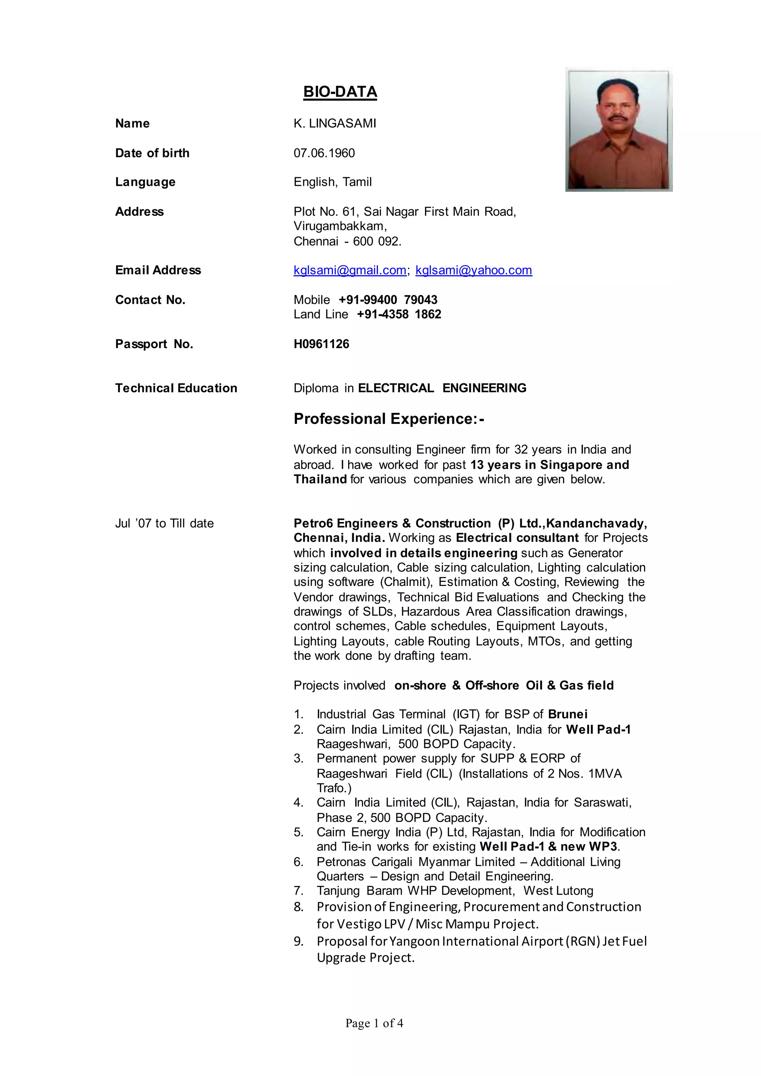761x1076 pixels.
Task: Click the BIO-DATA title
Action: pos(340,91)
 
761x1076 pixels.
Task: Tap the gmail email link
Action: pos(350,270)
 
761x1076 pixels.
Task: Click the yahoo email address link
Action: pos(473,270)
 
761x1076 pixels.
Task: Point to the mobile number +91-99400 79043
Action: pos(388,300)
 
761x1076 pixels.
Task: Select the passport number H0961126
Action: pos(321,344)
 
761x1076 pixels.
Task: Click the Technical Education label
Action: pos(176,388)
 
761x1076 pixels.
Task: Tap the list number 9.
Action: pos(298,942)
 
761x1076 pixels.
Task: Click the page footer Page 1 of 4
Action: pos(374,1023)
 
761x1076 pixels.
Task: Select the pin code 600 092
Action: pos(377,242)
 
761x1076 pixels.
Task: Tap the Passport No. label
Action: pos(154,344)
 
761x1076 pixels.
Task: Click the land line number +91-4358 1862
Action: pos(399,314)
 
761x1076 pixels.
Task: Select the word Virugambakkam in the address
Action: pos(339,226)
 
